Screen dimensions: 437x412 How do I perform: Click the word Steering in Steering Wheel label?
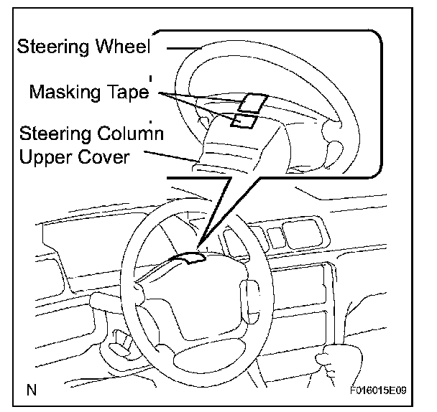tap(54, 47)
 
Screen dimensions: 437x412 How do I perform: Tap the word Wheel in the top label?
tap(123, 46)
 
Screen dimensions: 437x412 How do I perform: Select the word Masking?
tap(65, 92)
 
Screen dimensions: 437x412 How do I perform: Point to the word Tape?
tap(128, 92)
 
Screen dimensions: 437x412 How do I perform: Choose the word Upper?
tap(45, 158)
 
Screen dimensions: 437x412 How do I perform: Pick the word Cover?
tap(103, 157)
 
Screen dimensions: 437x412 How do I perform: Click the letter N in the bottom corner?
tap(32, 390)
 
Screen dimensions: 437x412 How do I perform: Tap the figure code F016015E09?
tap(378, 390)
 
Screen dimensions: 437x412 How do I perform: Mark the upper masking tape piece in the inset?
tap(253, 103)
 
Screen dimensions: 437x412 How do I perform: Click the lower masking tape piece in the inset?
tap(244, 121)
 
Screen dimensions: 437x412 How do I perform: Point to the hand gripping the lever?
tap(339, 359)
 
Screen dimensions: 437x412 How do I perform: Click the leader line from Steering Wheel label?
tap(184, 48)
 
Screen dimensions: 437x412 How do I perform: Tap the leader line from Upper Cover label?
tap(171, 156)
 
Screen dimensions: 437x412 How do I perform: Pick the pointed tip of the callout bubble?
tap(198, 246)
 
